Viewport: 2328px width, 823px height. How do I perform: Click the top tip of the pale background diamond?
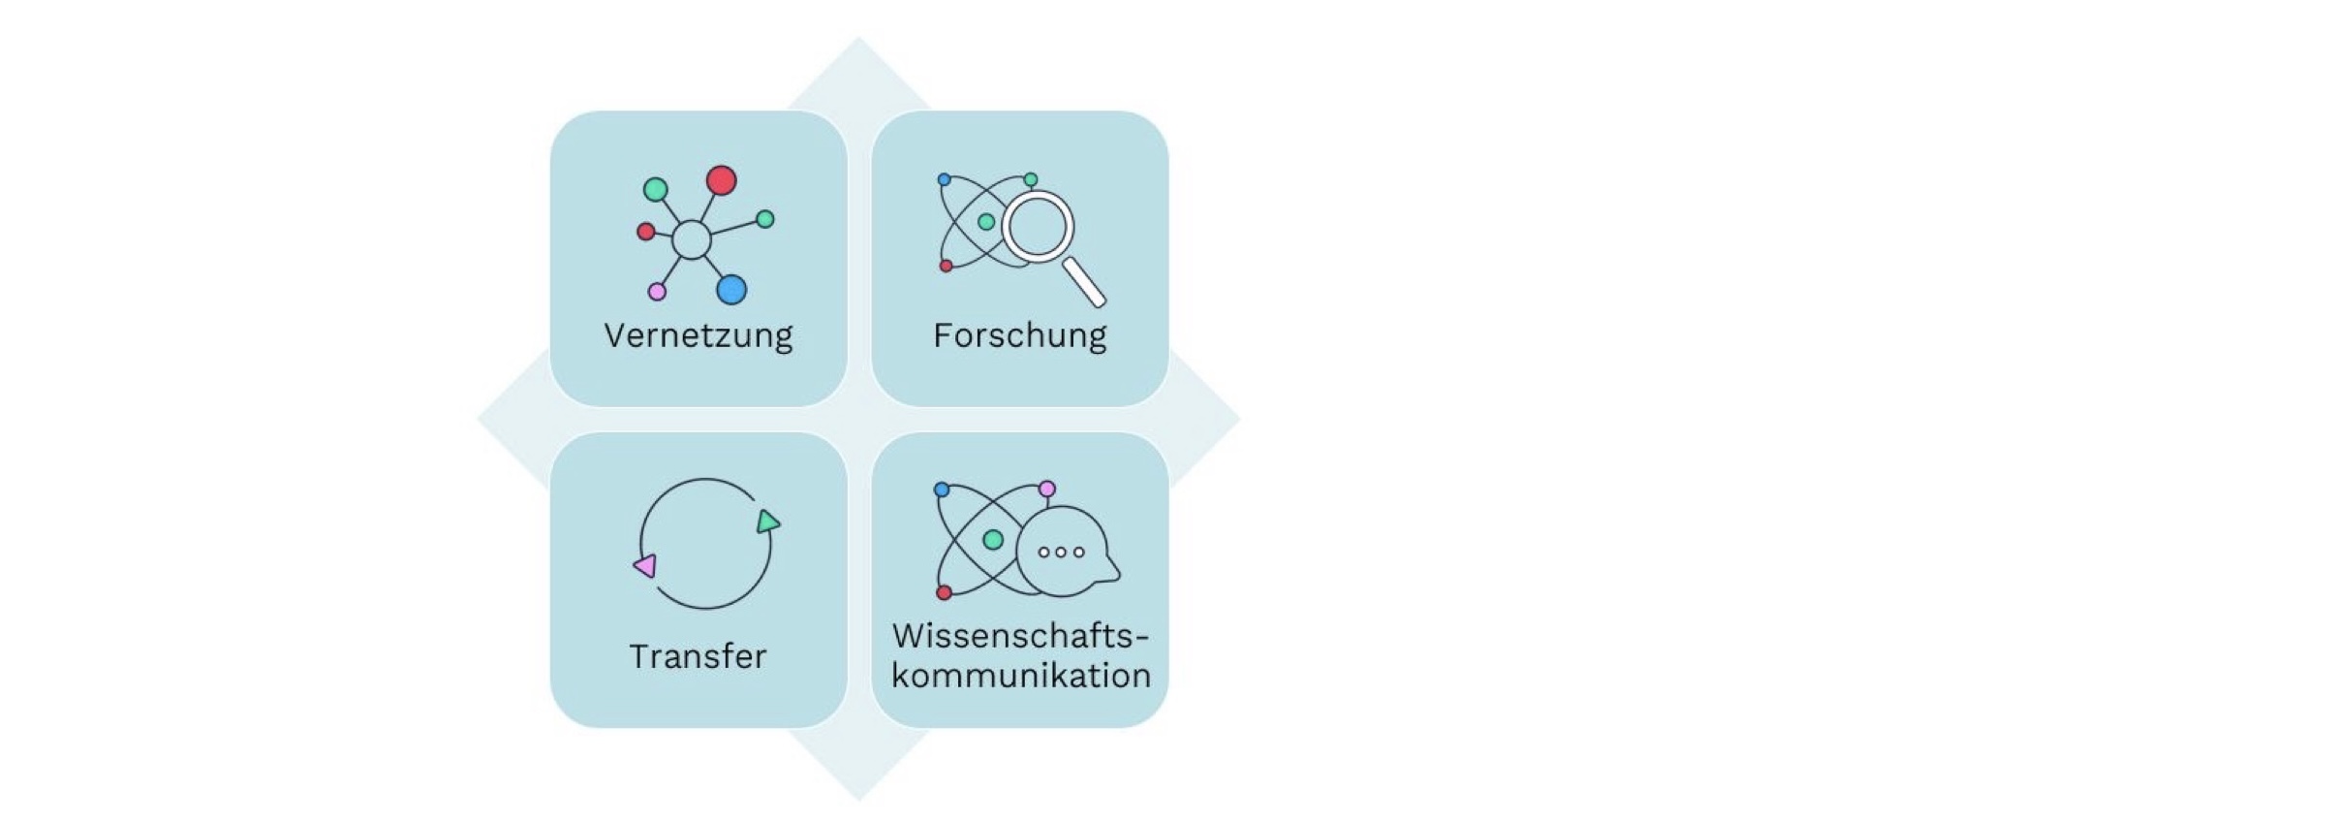[x=858, y=38]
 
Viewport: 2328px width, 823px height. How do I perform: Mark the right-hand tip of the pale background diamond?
[x=1240, y=420]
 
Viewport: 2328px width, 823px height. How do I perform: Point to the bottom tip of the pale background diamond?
[x=858, y=802]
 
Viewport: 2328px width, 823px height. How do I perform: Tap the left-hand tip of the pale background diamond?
[x=478, y=420]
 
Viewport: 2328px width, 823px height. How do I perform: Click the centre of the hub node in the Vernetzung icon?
[x=691, y=239]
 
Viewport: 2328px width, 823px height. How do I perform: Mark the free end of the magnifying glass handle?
[x=1100, y=301]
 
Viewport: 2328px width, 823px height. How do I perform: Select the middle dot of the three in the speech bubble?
[x=1061, y=553]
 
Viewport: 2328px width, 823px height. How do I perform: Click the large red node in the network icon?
[x=721, y=180]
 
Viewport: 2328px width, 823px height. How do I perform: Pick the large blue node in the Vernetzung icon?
[x=731, y=290]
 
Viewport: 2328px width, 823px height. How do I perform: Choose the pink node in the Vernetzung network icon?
[x=657, y=292]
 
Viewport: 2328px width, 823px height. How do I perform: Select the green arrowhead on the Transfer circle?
[x=768, y=522]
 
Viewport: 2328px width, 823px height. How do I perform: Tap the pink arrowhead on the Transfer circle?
[x=645, y=565]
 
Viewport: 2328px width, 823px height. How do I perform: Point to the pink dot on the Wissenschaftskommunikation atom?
[x=1047, y=489]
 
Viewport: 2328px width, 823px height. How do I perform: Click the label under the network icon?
[x=698, y=335]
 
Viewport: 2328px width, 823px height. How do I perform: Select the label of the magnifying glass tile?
[x=1020, y=335]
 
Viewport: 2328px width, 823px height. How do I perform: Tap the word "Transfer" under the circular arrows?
[x=698, y=656]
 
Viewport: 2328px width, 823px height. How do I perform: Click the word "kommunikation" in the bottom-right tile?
[x=1021, y=675]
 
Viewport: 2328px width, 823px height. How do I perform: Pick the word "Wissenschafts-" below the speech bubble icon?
[x=1021, y=636]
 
